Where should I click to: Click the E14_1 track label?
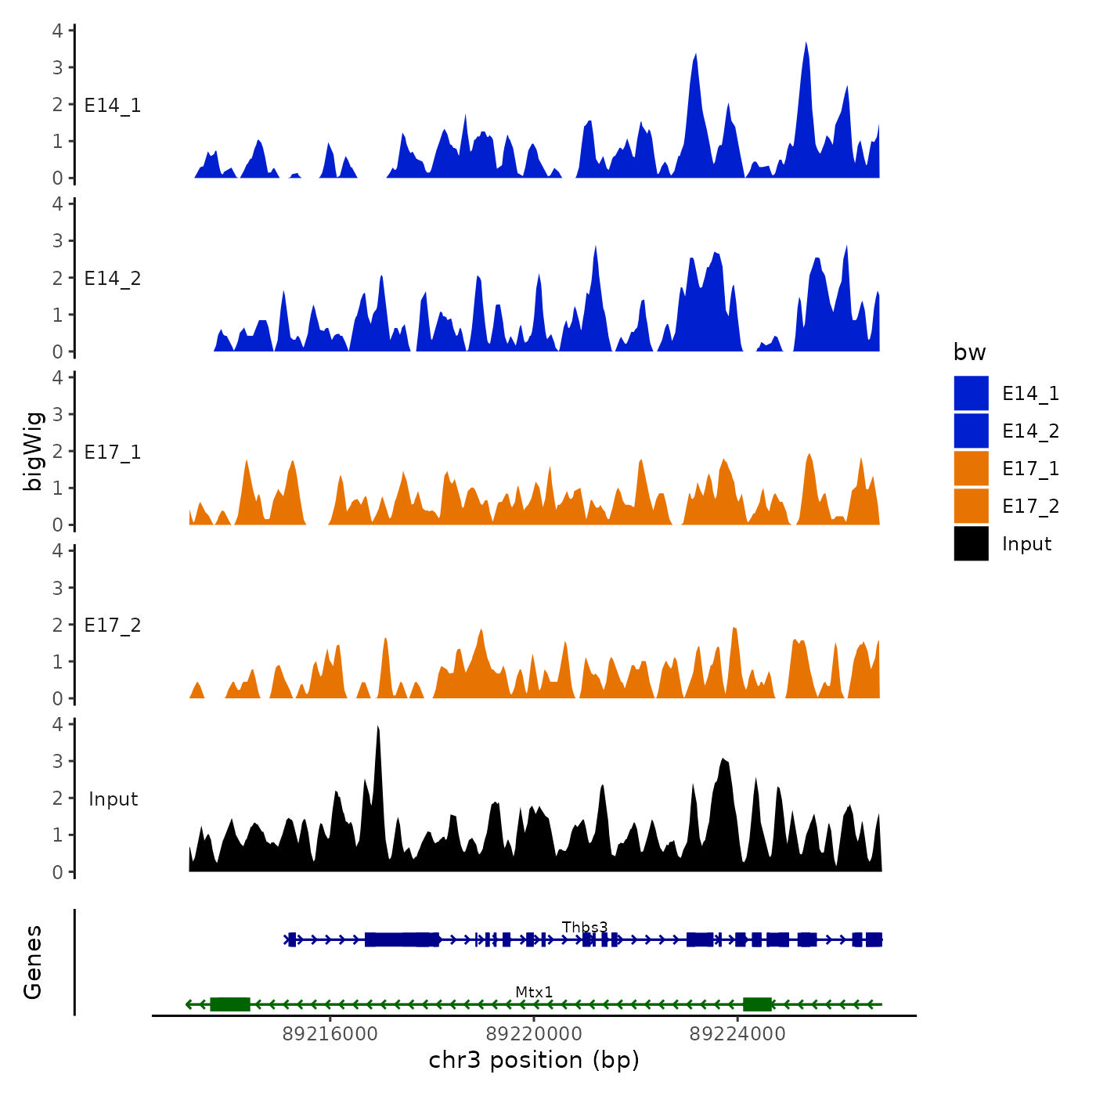[113, 106]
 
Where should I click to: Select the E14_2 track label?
[113, 279]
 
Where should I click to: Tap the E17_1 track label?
[113, 452]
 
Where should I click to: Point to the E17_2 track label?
[113, 626]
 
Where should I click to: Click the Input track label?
[113, 799]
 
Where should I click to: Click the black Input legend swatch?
[971, 543]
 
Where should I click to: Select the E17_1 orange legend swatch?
[971, 468]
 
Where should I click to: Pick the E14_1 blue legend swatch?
[971, 393]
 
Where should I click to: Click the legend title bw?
[969, 353]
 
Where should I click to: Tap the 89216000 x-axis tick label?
[330, 1034]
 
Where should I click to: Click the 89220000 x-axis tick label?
[534, 1034]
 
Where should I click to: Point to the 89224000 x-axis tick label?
[737, 1034]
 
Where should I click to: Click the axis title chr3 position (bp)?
[534, 1060]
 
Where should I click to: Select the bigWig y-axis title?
[34, 451]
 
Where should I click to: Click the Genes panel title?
[34, 962]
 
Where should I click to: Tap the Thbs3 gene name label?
[585, 928]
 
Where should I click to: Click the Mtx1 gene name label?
[534, 992]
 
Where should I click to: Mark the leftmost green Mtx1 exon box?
[230, 1004]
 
